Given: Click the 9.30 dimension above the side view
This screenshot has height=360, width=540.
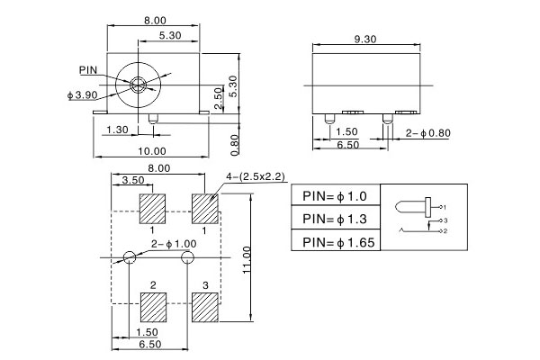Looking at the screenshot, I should point(365,40).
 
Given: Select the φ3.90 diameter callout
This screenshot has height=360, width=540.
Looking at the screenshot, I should point(83,94).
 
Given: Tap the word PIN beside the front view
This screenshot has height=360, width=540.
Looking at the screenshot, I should point(88,68).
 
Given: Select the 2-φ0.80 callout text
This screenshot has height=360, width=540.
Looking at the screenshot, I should point(427,133).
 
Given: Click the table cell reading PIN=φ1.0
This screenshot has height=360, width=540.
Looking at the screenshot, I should point(334,196).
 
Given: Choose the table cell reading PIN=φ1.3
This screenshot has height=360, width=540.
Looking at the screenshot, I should point(334,219).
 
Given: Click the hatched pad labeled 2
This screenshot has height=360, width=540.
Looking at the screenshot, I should point(154,306).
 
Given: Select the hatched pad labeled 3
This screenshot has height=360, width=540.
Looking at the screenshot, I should point(205,306).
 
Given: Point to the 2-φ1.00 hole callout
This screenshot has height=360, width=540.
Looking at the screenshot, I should point(174,244).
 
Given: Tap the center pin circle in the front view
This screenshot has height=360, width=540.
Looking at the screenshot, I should point(139,85).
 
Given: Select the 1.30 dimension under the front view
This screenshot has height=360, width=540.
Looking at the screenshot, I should point(117,130).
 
